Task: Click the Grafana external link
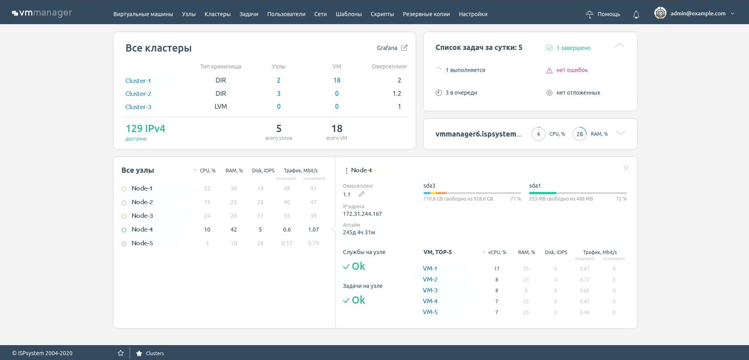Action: [x=392, y=48]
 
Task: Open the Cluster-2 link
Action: [x=138, y=93]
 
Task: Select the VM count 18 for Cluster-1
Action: [x=337, y=80]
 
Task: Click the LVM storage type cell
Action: [x=221, y=106]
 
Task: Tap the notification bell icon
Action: [x=636, y=14]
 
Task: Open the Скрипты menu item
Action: [x=382, y=14]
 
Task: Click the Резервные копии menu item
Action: [x=426, y=14]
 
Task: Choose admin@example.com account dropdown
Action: [x=694, y=13]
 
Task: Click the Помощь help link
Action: [x=603, y=14]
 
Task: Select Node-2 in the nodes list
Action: [x=142, y=202]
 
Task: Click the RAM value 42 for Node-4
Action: [x=234, y=230]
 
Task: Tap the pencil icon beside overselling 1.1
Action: [x=362, y=194]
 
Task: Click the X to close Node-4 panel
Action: [x=626, y=168]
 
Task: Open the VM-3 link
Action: [x=430, y=290]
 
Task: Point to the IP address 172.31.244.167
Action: [x=362, y=214]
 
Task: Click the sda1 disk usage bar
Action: [x=578, y=193]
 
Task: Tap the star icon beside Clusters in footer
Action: [x=139, y=353]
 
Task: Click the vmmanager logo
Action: [x=42, y=13]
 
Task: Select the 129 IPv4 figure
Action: [x=145, y=128]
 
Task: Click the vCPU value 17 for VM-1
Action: [x=497, y=269]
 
